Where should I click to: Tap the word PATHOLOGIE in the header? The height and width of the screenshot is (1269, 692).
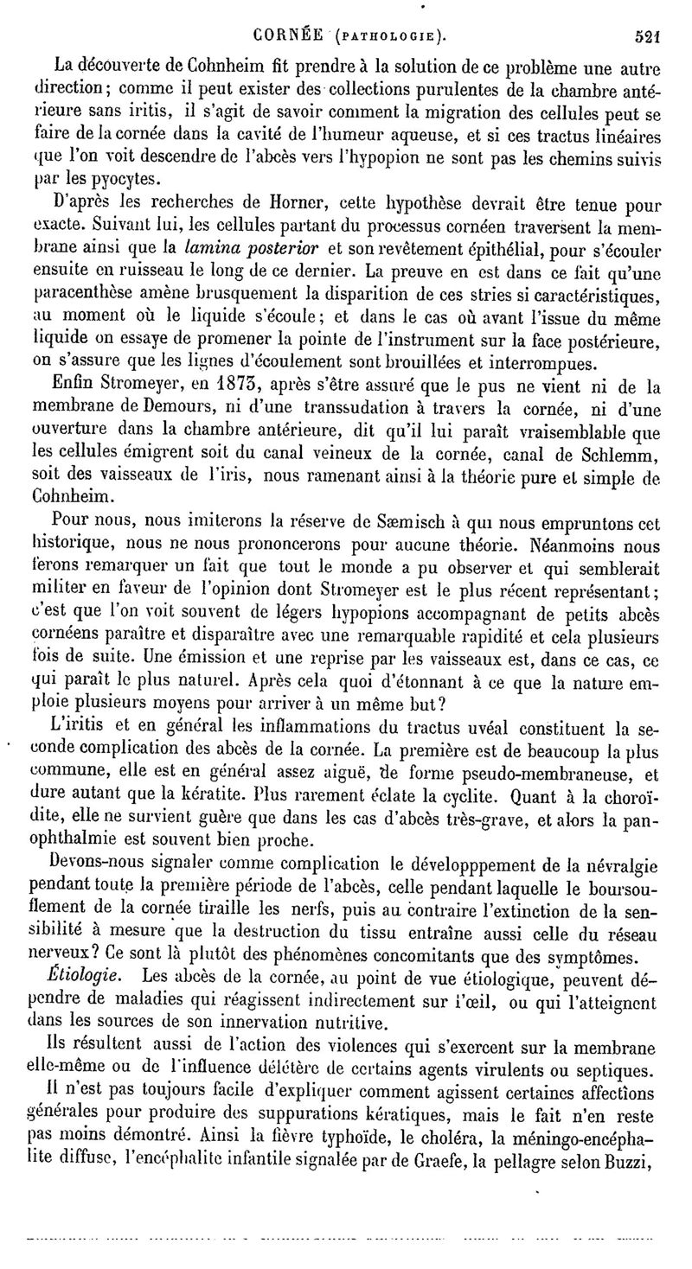(x=386, y=36)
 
